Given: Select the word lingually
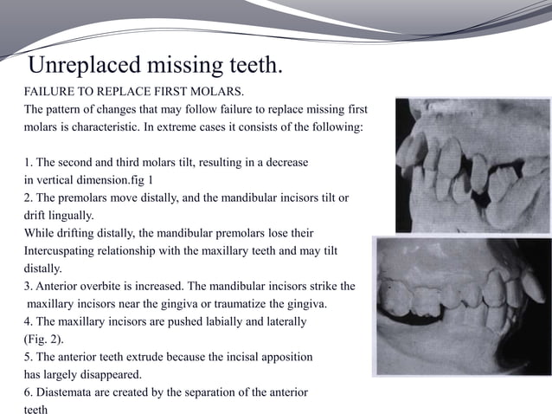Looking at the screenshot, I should click(x=72, y=216).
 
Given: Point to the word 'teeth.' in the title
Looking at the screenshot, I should click(x=256, y=65).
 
